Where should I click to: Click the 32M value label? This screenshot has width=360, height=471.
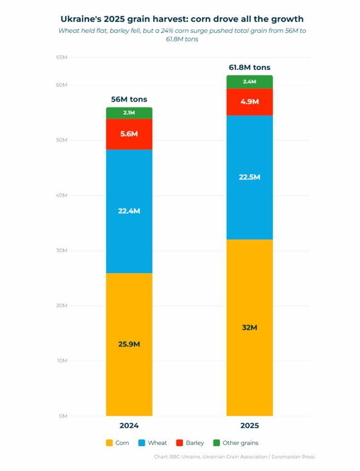click(249, 328)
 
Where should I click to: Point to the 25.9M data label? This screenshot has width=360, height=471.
click(129, 344)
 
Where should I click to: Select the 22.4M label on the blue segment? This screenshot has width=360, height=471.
click(129, 211)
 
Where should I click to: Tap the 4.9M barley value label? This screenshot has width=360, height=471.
click(249, 102)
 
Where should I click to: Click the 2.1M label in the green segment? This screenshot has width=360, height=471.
click(129, 113)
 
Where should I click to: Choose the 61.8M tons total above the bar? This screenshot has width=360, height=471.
click(249, 68)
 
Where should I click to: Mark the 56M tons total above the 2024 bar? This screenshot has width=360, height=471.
click(129, 99)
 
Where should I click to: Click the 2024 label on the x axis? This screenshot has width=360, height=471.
click(129, 425)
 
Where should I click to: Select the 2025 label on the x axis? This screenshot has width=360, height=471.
click(249, 425)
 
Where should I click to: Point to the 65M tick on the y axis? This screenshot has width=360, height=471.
click(62, 57)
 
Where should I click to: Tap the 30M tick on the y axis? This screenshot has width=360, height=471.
click(62, 251)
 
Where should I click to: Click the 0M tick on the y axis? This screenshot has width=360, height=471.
click(63, 416)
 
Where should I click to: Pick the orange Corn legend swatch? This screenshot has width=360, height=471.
click(109, 443)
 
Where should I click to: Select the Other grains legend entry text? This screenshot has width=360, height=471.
click(240, 443)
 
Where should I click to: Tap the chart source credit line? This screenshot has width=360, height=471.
click(234, 457)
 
